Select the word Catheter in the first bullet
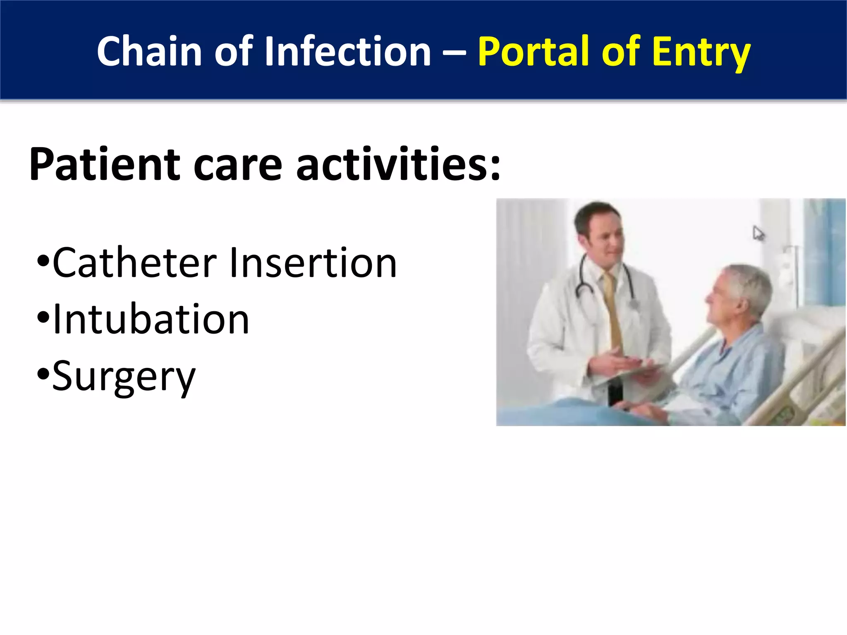point(134,263)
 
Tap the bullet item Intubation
point(151,319)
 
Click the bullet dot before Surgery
point(43,375)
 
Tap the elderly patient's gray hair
point(751,285)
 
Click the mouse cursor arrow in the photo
point(758,234)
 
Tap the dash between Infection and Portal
point(455,53)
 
